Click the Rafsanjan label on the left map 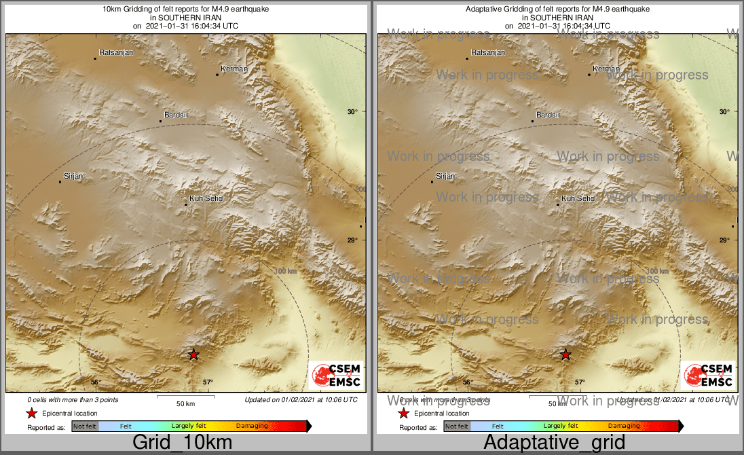pyautogui.click(x=114, y=52)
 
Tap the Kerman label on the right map pyautogui.click(x=606, y=69)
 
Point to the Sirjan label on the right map pyautogui.click(x=445, y=176)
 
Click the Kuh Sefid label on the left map pyautogui.click(x=206, y=198)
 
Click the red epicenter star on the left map pyautogui.click(x=193, y=354)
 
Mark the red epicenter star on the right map pyautogui.click(x=565, y=354)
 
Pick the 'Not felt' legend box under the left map pyautogui.click(x=85, y=426)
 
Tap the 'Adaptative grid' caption pyautogui.click(x=554, y=443)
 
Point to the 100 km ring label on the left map pyautogui.click(x=286, y=271)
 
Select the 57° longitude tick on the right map pyautogui.click(x=580, y=382)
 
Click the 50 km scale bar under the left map pyautogui.click(x=186, y=397)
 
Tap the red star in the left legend pyautogui.click(x=31, y=413)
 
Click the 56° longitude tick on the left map pyautogui.click(x=95, y=382)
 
